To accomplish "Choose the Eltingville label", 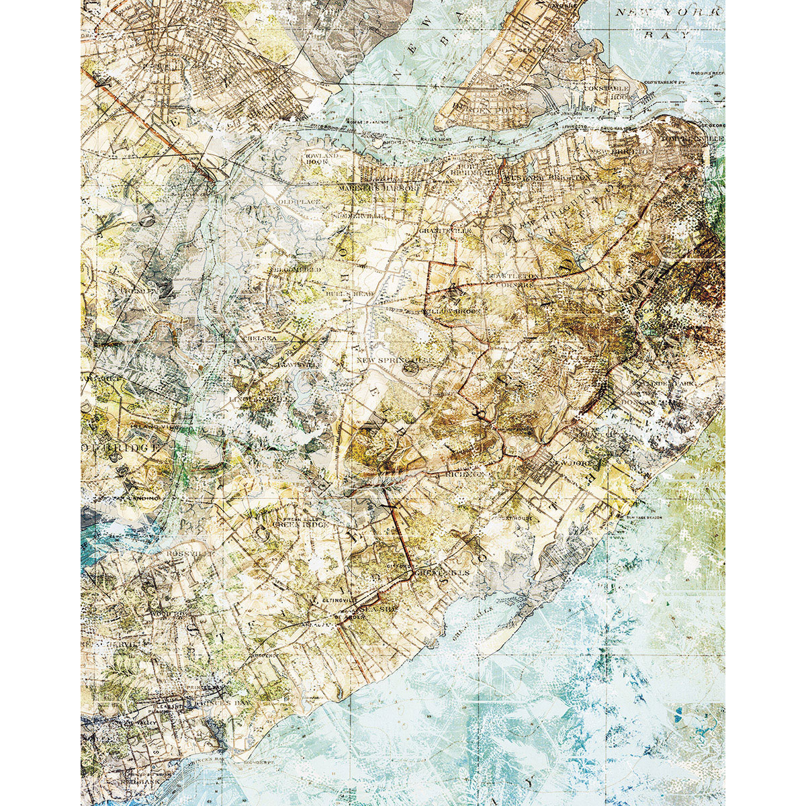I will coord(329,595).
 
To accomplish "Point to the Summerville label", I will coord(357,216).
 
